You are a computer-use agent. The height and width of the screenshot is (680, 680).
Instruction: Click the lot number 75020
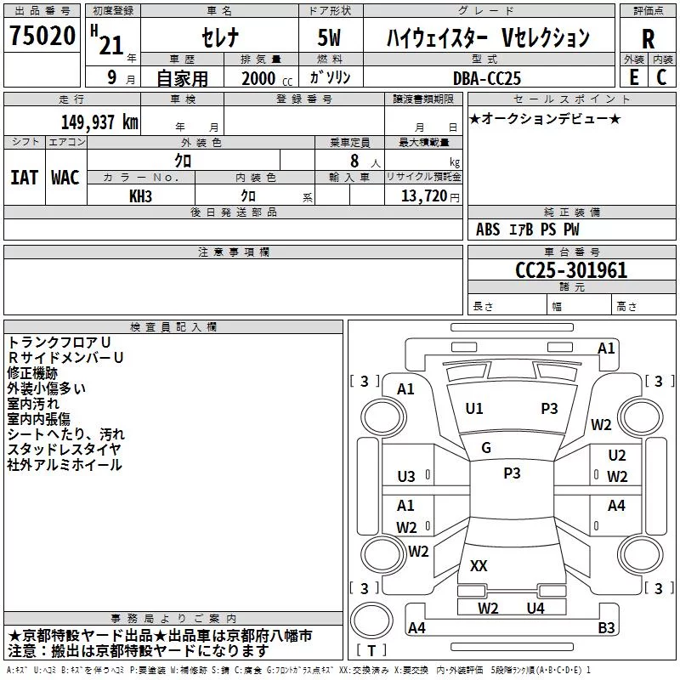point(42,36)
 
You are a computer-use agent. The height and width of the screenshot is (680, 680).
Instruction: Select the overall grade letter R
point(648,38)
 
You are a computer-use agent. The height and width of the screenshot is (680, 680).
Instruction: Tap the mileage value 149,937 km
point(99,122)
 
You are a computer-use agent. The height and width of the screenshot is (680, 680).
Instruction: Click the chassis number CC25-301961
point(571,270)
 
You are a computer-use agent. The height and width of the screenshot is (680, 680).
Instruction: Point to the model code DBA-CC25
point(486,78)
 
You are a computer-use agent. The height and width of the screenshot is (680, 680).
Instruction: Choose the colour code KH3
point(140,196)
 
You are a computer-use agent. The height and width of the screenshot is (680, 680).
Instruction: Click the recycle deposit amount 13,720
point(423,196)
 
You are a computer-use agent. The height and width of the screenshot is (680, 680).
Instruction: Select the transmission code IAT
point(24,178)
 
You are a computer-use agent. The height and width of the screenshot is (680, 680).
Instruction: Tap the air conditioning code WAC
point(65,178)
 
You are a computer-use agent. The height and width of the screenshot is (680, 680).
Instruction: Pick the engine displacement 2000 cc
point(267,78)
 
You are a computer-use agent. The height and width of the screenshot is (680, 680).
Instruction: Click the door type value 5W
point(329,37)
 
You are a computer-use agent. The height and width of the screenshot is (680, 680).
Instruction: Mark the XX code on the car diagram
point(479,565)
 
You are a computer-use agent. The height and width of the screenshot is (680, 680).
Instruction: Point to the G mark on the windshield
point(486,448)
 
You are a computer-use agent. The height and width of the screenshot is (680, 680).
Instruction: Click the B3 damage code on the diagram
point(606,627)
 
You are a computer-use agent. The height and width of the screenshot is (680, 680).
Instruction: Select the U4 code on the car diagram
point(535,608)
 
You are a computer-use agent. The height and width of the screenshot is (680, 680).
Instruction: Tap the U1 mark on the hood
point(473,409)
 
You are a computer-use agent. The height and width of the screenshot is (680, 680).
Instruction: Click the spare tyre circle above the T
point(371,620)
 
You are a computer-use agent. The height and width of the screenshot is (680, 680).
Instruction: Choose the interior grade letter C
point(661,77)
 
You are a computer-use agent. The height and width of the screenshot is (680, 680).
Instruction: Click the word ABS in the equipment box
point(488,229)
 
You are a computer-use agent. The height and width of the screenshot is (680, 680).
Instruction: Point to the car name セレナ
point(220,37)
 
